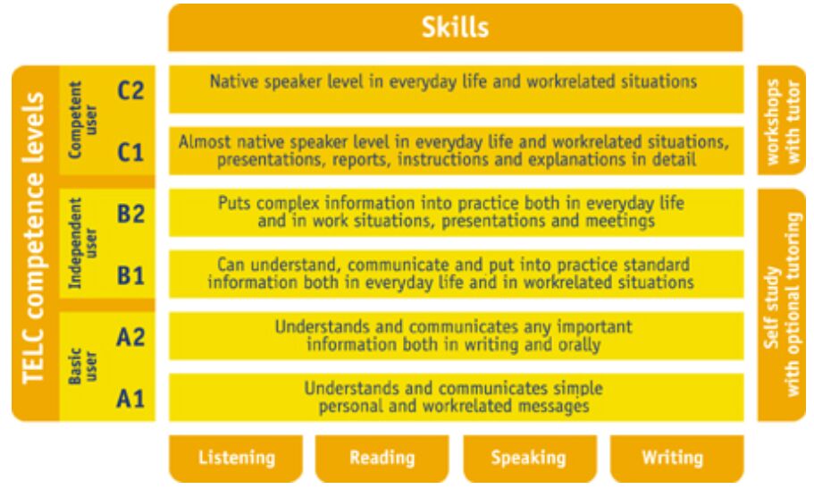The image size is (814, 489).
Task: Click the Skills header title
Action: tap(455, 27)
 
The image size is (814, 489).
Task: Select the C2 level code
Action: tap(130, 90)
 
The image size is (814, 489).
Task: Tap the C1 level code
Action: tap(130, 152)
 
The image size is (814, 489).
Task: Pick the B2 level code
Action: tap(130, 214)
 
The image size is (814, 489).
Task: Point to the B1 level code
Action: tap(130, 275)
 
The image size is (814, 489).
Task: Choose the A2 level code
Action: tap(130, 337)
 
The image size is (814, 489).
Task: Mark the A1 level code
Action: tap(130, 399)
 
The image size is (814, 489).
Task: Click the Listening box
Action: tap(236, 459)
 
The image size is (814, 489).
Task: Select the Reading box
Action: tap(382, 459)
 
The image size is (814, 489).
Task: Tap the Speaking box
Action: tap(530, 459)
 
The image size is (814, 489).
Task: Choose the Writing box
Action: tap(676, 459)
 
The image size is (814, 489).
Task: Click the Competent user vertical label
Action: tap(82, 120)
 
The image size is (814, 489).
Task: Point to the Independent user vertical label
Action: tap(82, 242)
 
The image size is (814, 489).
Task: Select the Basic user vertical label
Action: tap(82, 366)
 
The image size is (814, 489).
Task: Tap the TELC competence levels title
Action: tap(34, 238)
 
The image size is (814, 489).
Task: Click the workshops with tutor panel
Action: tap(781, 120)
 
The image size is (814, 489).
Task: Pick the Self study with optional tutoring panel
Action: tap(781, 305)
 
